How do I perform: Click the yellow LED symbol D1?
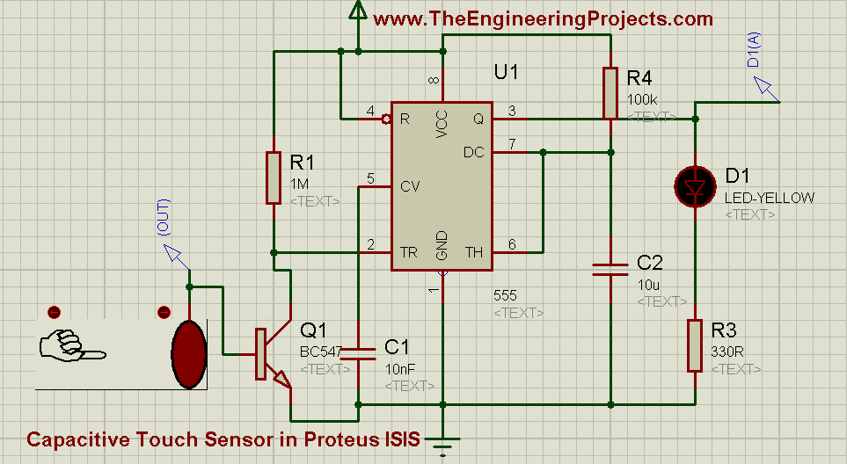[694, 186]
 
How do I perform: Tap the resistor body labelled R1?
[274, 178]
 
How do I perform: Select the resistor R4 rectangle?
[610, 92]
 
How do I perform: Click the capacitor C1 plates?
[358, 353]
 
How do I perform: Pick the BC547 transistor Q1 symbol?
[268, 353]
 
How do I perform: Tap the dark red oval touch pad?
[188, 353]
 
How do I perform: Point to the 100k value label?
[642, 100]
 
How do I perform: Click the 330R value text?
[727, 353]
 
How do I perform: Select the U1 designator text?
[506, 73]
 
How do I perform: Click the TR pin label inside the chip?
[409, 252]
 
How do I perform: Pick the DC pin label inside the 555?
[474, 152]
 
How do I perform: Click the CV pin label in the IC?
[409, 186]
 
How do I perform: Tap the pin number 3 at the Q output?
[511, 110]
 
